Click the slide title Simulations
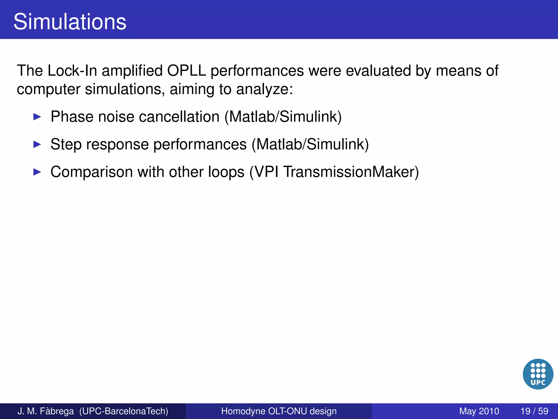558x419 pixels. click(x=70, y=22)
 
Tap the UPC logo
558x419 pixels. click(x=538, y=374)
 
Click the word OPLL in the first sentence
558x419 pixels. click(x=186, y=71)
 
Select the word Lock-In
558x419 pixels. click(x=72, y=71)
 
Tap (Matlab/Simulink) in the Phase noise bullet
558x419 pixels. click(x=283, y=117)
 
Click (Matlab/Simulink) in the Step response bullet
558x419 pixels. click(x=310, y=144)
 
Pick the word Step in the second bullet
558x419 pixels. click(x=66, y=144)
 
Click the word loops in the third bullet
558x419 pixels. click(x=226, y=172)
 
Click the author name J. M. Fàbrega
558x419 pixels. click(x=46, y=411)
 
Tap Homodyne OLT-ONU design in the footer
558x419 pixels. click(x=279, y=411)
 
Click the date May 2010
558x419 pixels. click(x=479, y=411)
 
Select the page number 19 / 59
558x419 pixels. click(x=534, y=411)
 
